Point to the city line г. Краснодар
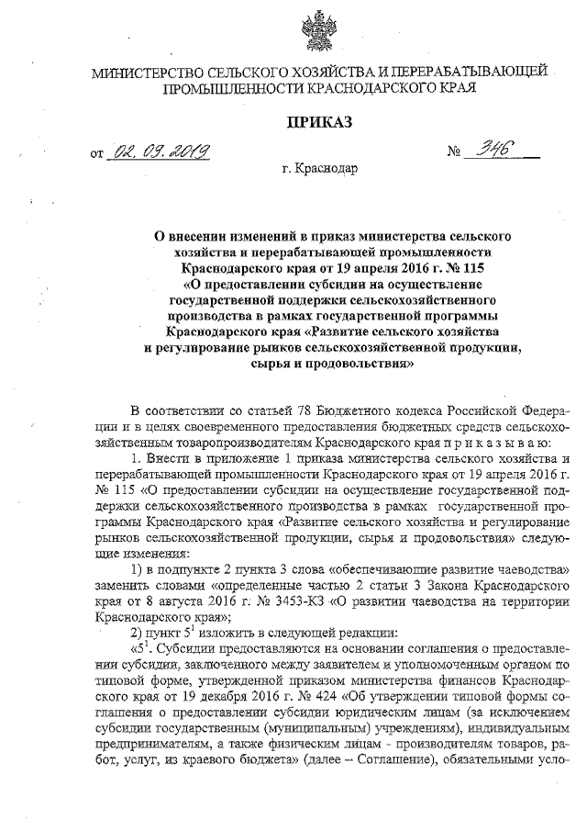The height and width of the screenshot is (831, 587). (321, 169)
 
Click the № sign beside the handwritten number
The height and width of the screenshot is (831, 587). (456, 152)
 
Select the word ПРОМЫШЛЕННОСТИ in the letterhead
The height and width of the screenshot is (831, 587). (231, 88)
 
